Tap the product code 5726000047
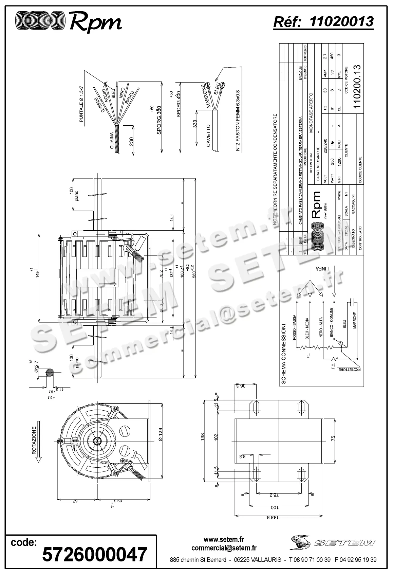pos(95,554)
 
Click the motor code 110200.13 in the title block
pos(357,87)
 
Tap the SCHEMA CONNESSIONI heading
pos(284,354)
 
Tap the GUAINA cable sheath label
pos(112,141)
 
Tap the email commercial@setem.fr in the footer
pos(224,548)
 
